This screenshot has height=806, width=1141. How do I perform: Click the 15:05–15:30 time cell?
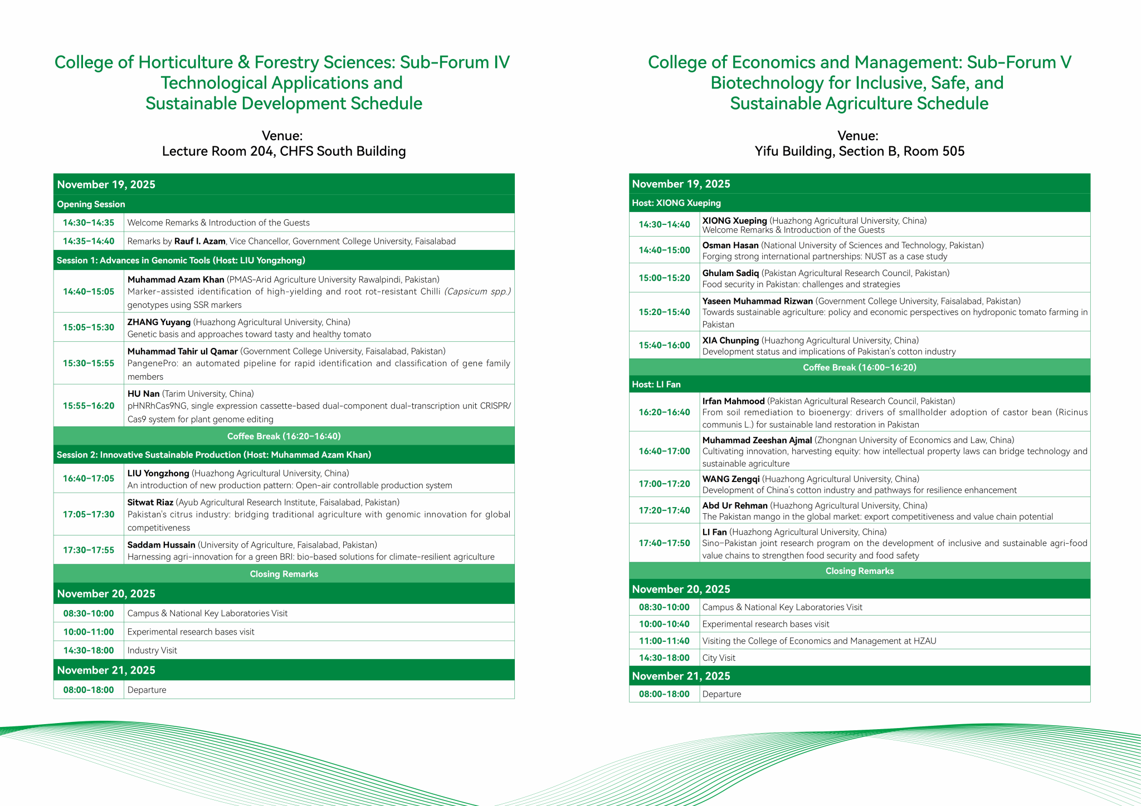(89, 327)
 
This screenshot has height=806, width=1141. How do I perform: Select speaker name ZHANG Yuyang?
(159, 322)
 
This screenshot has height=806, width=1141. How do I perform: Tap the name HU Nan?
(143, 394)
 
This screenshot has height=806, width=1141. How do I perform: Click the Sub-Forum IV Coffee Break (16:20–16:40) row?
(284, 436)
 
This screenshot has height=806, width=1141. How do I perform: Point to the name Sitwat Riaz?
(150, 502)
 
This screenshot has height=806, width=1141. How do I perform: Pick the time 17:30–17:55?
(89, 550)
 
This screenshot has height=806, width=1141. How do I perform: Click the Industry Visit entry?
(152, 650)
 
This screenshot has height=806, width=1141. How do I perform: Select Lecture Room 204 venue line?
(284, 151)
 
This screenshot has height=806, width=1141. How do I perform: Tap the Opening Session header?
(91, 204)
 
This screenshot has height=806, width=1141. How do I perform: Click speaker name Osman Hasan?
(730, 245)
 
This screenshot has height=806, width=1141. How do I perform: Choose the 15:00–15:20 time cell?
(664, 278)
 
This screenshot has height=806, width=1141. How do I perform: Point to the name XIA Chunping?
(730, 341)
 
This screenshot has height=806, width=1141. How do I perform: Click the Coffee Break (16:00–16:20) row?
(859, 367)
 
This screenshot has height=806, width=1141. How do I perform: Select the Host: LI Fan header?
(656, 385)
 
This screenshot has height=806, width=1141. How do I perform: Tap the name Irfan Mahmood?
(733, 401)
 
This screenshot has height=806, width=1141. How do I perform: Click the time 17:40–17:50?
(664, 543)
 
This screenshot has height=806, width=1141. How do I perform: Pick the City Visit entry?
(719, 658)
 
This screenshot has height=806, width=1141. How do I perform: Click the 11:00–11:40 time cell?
(664, 641)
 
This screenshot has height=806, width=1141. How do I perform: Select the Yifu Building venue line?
(859, 151)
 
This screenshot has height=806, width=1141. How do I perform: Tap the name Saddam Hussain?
(161, 545)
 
